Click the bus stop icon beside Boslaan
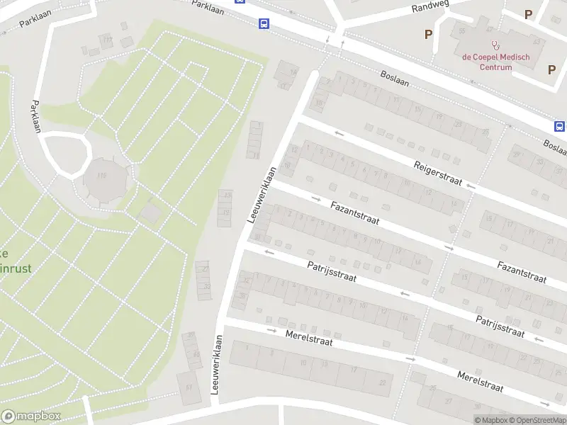click(559, 126)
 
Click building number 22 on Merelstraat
click(383, 382)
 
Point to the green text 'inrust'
click(16, 268)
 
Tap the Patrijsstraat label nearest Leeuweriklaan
click(331, 272)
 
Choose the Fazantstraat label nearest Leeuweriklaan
click(354, 212)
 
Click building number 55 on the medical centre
click(462, 32)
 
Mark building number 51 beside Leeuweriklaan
click(189, 387)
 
